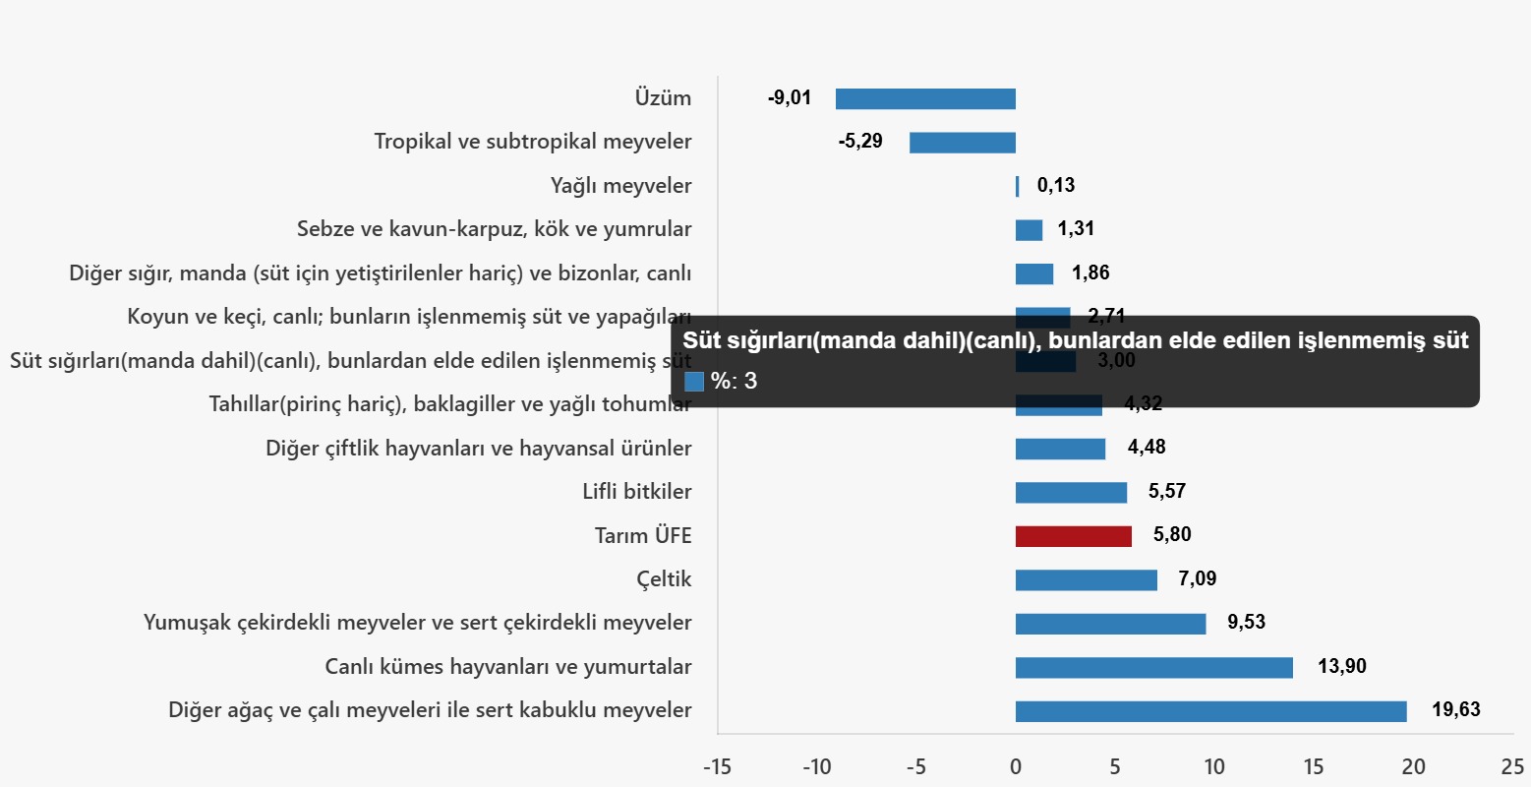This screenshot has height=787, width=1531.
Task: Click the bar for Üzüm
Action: [x=925, y=98]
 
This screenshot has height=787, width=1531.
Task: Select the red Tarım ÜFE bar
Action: [x=1073, y=536]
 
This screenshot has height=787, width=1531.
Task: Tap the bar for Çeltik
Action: [x=1086, y=579]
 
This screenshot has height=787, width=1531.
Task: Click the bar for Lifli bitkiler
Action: [x=1071, y=492]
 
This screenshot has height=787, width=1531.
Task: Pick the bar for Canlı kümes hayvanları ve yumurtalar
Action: [x=1153, y=667]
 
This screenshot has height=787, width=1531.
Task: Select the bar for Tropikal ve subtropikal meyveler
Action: [x=962, y=143]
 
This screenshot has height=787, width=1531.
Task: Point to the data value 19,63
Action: [x=1455, y=709]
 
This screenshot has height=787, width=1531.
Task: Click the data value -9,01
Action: [x=790, y=97]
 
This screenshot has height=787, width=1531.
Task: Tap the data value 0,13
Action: [x=1056, y=185]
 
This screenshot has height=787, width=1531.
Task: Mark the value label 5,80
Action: [x=1172, y=534]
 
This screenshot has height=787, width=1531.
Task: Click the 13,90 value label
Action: [x=1341, y=666]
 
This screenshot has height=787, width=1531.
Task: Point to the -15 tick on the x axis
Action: [x=717, y=767]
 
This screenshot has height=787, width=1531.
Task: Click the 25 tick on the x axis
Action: [x=1512, y=767]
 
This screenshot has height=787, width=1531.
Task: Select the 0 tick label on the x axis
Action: [x=1016, y=767]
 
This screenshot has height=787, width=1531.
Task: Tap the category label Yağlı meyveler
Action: [x=620, y=186]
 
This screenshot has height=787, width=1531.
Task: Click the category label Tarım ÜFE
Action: [x=643, y=536]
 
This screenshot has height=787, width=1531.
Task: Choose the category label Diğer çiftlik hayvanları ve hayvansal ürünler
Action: [x=478, y=449]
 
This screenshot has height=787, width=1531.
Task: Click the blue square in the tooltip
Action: [x=694, y=382]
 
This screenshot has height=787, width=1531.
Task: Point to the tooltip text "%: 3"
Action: [x=735, y=382]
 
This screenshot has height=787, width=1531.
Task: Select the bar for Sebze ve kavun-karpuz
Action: [x=1029, y=230]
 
